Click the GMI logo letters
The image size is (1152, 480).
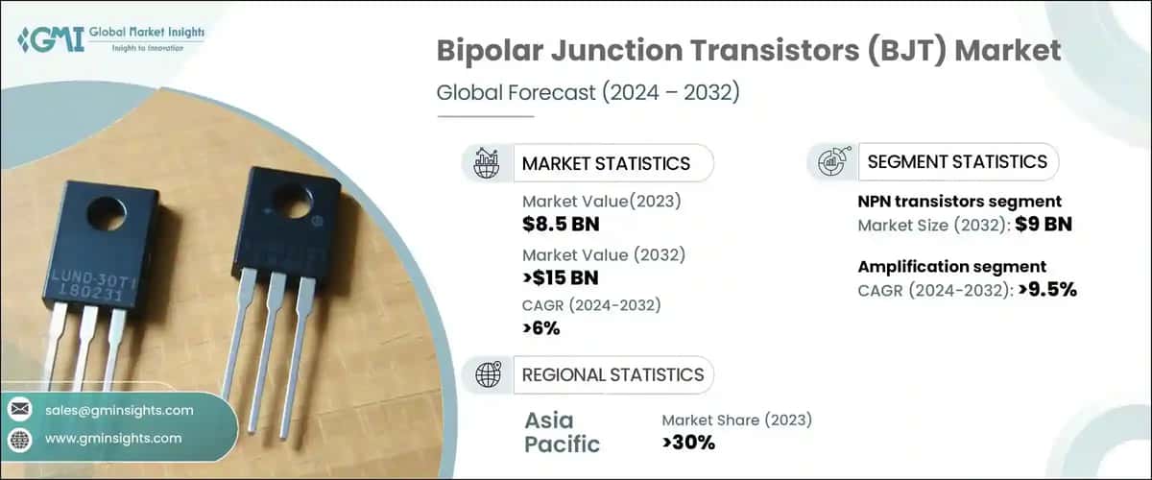51,39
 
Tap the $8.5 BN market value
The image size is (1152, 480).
561,224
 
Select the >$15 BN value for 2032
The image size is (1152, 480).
561,277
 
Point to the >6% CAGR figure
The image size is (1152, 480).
541,327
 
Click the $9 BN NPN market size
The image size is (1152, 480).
1044,224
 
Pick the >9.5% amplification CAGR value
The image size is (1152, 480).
1047,289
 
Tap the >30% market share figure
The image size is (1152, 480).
688,443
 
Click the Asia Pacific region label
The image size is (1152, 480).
563,432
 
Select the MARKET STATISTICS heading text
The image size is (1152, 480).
606,163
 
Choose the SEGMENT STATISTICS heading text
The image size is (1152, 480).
957,161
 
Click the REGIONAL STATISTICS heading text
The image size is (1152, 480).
612,374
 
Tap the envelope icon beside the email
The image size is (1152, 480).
20,410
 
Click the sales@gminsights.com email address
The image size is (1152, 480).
119,410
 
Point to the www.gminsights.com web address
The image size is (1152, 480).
113,438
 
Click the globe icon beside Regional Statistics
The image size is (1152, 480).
488,374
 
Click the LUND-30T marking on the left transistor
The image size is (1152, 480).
93,280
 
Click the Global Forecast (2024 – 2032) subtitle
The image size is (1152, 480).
588,92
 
